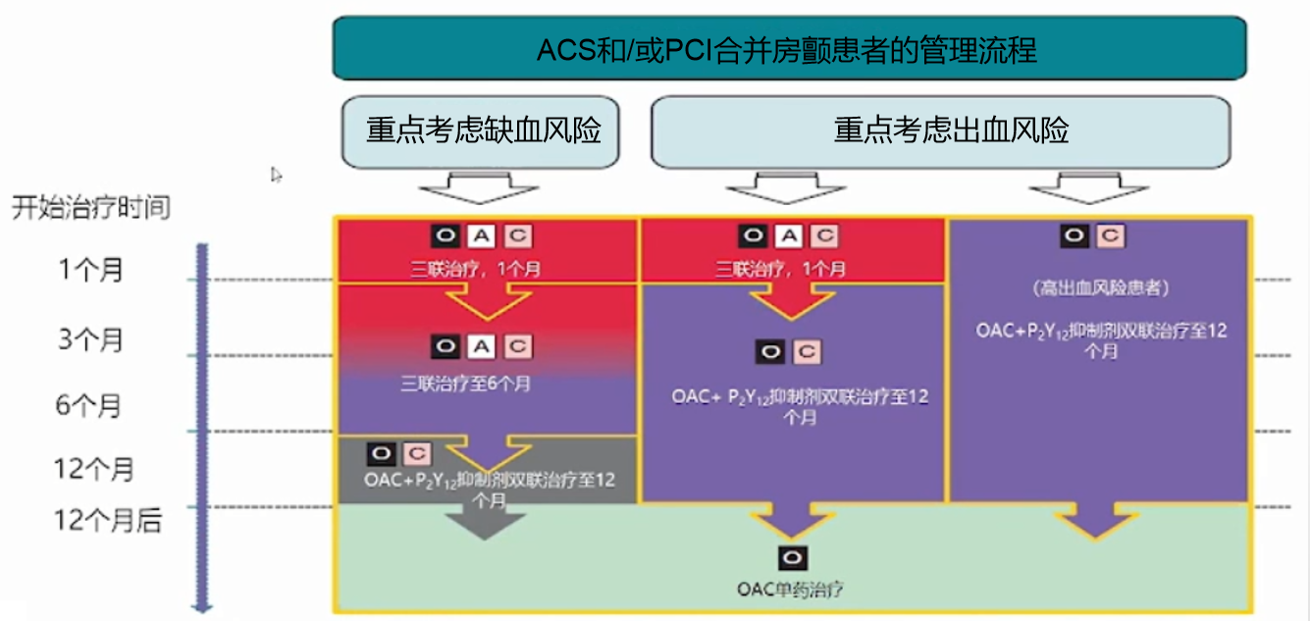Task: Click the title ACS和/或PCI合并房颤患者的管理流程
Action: point(788,49)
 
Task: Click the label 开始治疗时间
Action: point(90,208)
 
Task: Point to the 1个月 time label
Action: point(91,269)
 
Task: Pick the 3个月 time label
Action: point(91,339)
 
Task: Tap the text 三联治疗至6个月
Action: point(466,384)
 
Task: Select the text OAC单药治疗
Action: point(791,591)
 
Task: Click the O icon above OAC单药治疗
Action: point(791,558)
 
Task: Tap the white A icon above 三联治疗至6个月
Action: point(481,346)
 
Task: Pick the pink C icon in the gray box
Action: point(416,453)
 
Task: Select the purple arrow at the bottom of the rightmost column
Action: point(1097,522)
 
